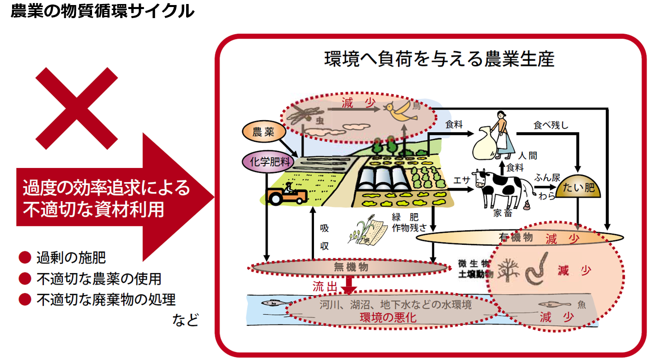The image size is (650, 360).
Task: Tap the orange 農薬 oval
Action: click(263, 132)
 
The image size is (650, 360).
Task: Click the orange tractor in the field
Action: click(287, 194)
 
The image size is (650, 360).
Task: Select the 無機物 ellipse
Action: click(348, 267)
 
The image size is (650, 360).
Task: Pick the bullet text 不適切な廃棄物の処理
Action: click(106, 300)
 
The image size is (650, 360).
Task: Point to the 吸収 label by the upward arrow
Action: click(324, 237)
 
